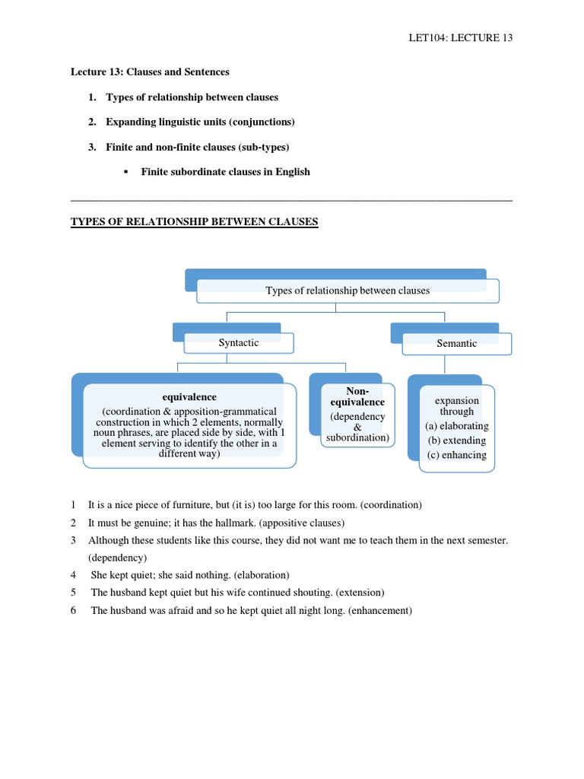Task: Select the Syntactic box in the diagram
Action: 239,343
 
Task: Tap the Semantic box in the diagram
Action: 456,344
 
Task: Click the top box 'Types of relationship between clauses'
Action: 348,291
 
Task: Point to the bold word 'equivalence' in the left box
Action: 189,397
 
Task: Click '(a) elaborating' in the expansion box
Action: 456,426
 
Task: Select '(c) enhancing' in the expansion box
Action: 456,455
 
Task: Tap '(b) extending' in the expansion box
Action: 456,440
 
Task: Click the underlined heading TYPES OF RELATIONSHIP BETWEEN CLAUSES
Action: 194,222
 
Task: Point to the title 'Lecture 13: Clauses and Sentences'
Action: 150,72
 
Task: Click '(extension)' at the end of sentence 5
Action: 354,593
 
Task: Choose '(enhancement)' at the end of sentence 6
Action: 380,610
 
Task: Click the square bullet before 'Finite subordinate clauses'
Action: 125,172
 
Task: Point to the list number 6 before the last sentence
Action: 74,610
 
